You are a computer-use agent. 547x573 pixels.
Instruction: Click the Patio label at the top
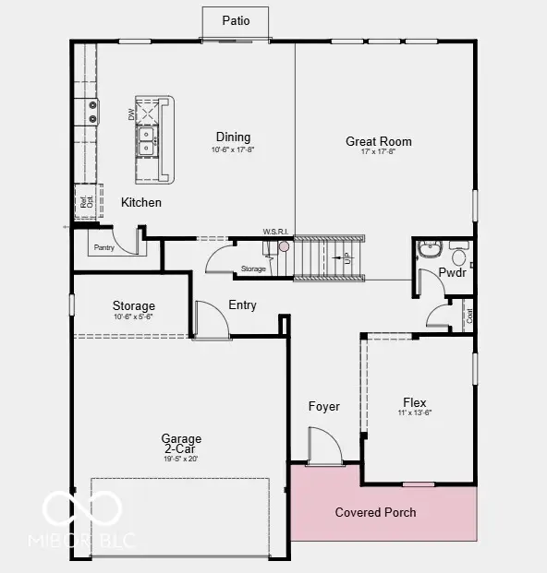[x=237, y=20]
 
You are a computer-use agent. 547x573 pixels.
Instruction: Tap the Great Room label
[x=379, y=141]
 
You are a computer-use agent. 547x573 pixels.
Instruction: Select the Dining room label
[x=233, y=137]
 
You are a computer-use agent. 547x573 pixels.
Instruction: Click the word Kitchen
[x=141, y=202]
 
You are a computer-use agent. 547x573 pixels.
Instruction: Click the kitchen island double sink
[x=146, y=141]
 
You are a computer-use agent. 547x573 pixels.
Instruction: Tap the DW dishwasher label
[x=130, y=113]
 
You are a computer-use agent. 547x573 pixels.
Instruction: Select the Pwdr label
[x=453, y=273]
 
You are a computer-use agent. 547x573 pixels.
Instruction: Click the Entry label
[x=242, y=305]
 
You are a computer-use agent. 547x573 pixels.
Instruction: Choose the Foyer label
[x=323, y=406]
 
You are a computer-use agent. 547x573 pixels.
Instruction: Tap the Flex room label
[x=415, y=402]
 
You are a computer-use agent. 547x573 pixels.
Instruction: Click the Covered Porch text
[x=375, y=512]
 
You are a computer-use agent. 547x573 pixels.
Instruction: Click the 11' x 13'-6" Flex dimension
[x=415, y=413]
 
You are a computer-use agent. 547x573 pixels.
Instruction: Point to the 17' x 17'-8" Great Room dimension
[x=379, y=152]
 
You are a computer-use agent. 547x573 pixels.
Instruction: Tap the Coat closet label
[x=469, y=314]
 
